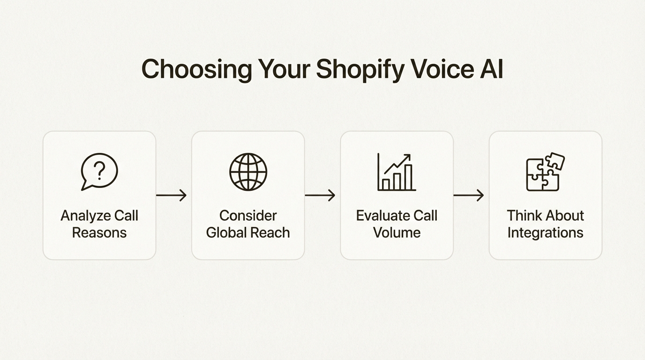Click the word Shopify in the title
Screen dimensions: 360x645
(360, 69)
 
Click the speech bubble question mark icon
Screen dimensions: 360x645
(99, 172)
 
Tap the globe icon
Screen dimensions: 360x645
(248, 172)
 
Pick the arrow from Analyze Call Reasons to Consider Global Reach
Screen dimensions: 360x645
(172, 195)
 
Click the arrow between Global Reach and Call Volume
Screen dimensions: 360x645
(320, 195)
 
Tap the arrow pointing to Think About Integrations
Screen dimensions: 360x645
(469, 195)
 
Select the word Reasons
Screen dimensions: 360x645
(99, 232)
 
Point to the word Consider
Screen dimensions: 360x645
(248, 216)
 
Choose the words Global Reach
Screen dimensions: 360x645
(248, 232)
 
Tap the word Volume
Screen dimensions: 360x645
(397, 232)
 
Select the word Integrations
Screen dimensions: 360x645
(545, 232)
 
